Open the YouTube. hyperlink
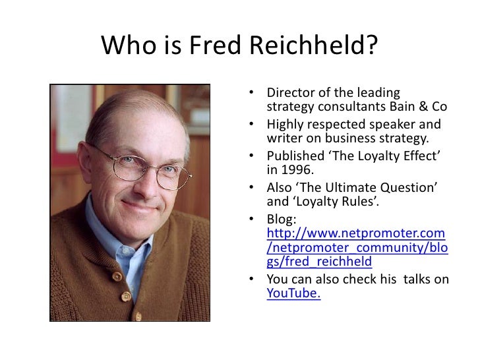293,294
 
